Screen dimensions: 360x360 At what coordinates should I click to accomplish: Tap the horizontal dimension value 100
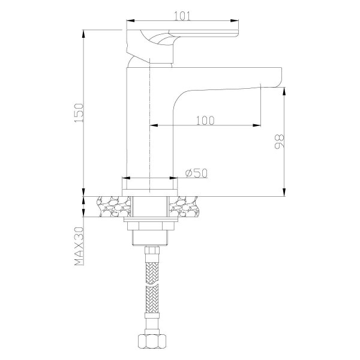205,119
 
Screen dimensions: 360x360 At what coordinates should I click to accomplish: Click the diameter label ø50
196,173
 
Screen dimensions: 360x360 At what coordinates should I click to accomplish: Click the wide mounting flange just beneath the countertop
149,224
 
